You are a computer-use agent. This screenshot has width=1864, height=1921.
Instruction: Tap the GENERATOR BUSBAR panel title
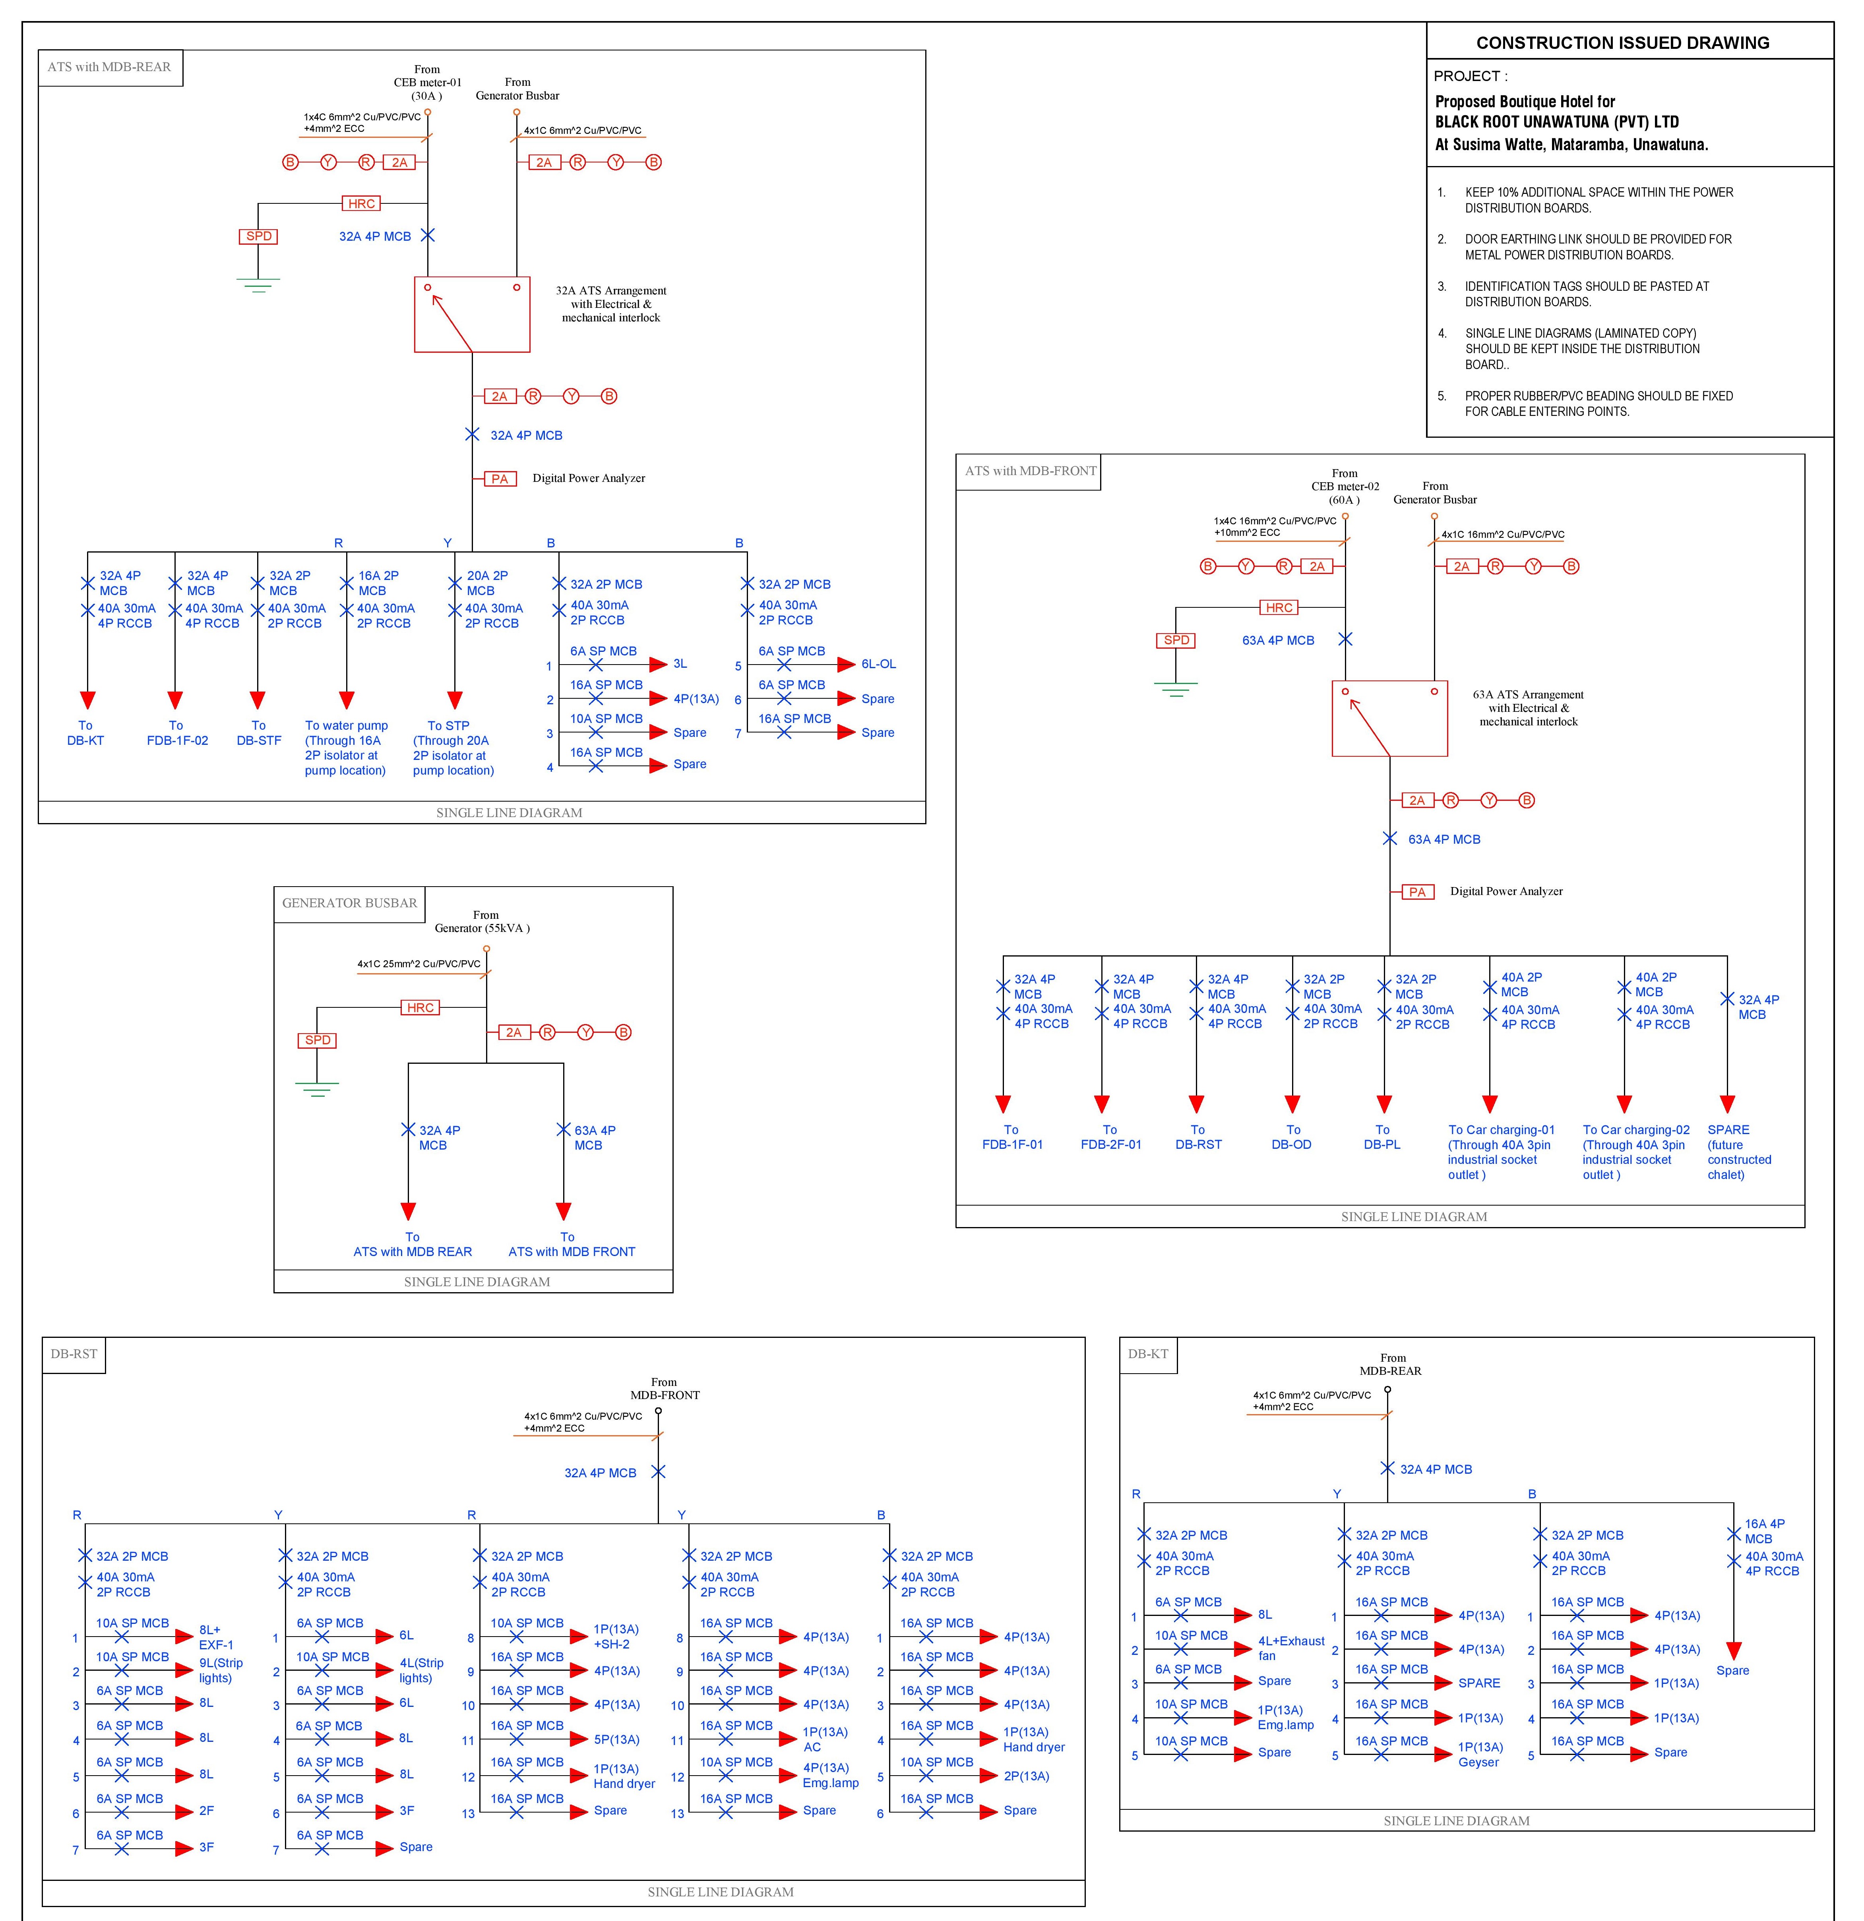click(349, 903)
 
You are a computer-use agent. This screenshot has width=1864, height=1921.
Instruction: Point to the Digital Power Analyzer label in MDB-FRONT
click(1506, 891)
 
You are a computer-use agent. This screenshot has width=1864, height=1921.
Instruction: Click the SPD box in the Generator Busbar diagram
click(318, 1040)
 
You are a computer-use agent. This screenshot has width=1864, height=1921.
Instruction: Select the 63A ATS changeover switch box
click(1389, 719)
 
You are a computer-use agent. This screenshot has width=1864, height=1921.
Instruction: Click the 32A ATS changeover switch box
click(472, 315)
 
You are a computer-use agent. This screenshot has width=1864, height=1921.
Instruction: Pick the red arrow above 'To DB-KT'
click(87, 700)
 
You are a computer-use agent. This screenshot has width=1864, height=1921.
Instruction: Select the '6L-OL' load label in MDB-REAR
click(879, 663)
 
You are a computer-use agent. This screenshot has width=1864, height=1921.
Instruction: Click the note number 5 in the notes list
click(1442, 396)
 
